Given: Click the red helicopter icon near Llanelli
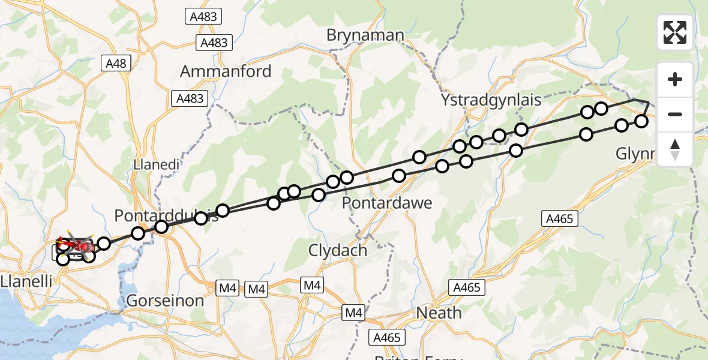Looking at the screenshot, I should tap(77, 245).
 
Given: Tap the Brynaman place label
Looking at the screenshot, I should tap(365, 35).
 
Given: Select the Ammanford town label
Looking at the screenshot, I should tap(226, 71).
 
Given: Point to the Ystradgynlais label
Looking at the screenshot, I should tap(491, 100).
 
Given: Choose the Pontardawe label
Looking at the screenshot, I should tap(387, 203).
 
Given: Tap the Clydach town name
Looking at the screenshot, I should tap(337, 250).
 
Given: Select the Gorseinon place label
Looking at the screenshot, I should tap(164, 301).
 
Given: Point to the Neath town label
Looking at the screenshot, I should tap(439, 313).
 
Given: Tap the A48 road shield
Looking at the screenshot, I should tap(117, 64).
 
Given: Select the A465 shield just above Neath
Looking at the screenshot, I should tap(466, 288).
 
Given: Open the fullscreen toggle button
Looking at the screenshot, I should tap(675, 32).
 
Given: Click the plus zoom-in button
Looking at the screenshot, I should tap(675, 79).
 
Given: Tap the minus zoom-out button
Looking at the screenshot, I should tap(675, 114).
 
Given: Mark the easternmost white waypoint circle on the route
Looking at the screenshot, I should tap(641, 121).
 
